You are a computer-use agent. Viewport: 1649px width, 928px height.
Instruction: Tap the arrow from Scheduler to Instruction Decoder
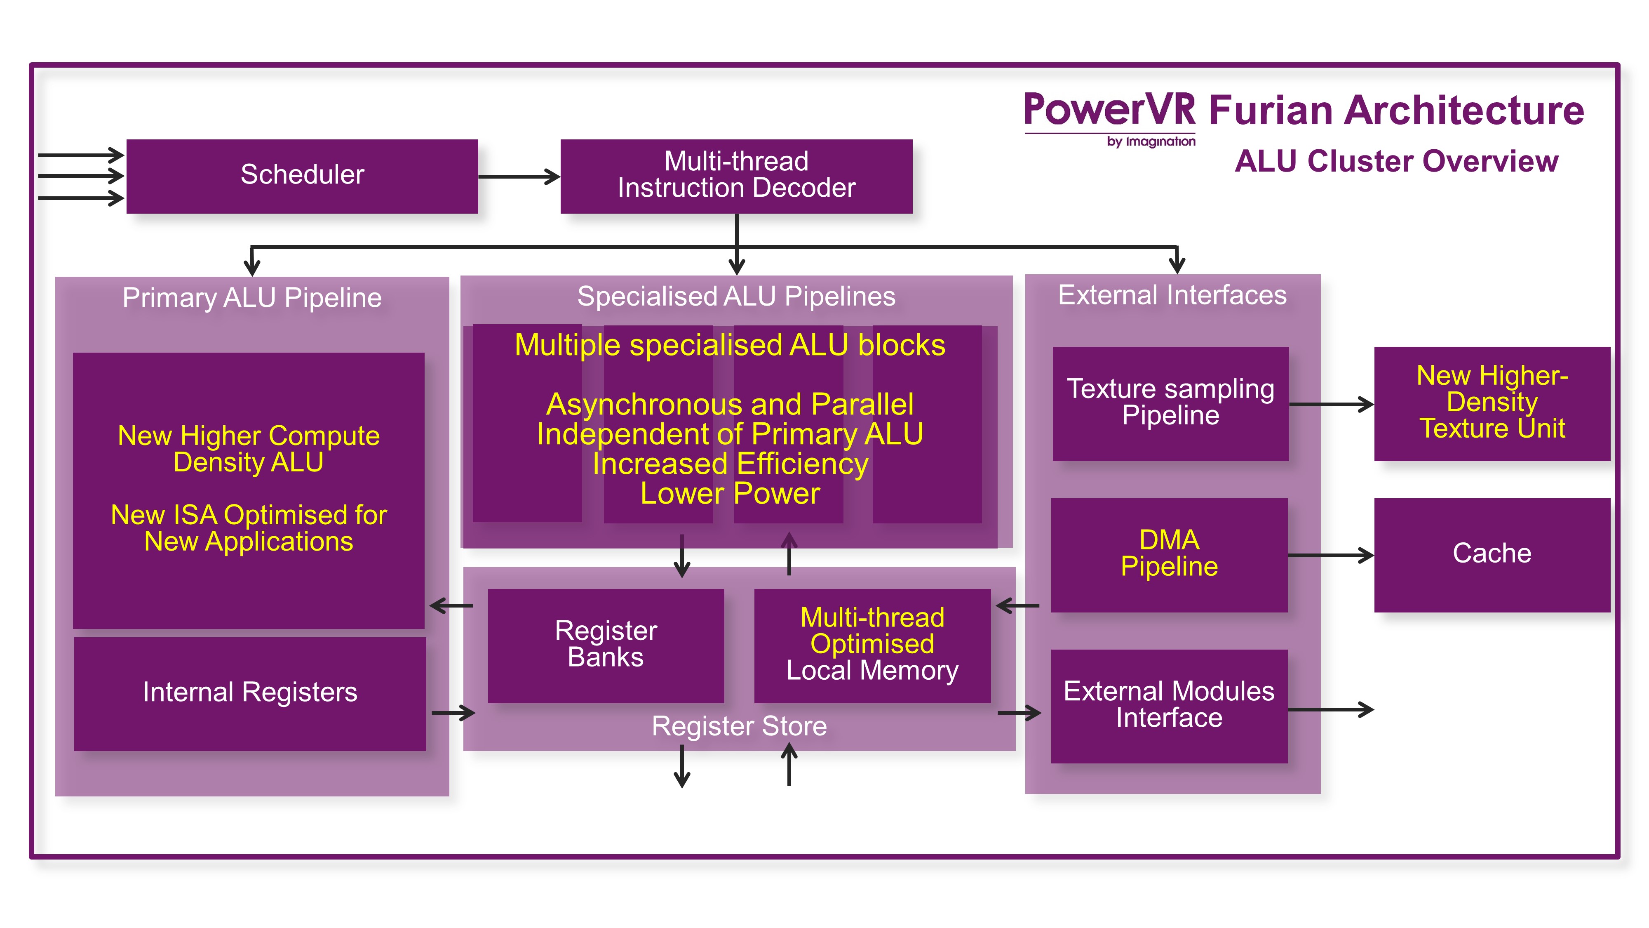coord(519,177)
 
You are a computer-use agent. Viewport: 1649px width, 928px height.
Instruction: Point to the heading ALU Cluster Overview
coord(1396,161)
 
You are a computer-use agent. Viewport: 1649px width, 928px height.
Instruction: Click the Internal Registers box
coord(250,693)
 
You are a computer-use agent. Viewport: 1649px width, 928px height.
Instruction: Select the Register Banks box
coord(606,645)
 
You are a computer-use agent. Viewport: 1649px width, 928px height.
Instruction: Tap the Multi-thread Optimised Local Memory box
coord(872,645)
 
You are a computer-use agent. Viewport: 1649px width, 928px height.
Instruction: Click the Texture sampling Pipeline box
coord(1170,403)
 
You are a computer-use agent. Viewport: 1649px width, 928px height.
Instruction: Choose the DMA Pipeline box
coord(1169,555)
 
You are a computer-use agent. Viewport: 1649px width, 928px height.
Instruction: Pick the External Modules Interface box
coord(1169,706)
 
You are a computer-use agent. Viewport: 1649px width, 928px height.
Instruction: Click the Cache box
coord(1492,555)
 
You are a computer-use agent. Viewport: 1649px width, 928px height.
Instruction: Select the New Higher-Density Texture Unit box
coord(1492,403)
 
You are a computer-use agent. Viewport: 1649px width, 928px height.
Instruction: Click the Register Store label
coord(739,727)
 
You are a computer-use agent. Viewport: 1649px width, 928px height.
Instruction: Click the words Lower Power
coord(730,494)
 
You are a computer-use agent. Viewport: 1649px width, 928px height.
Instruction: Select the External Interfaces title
coord(1172,296)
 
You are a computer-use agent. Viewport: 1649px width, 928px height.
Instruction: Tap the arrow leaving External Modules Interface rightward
coord(1330,709)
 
